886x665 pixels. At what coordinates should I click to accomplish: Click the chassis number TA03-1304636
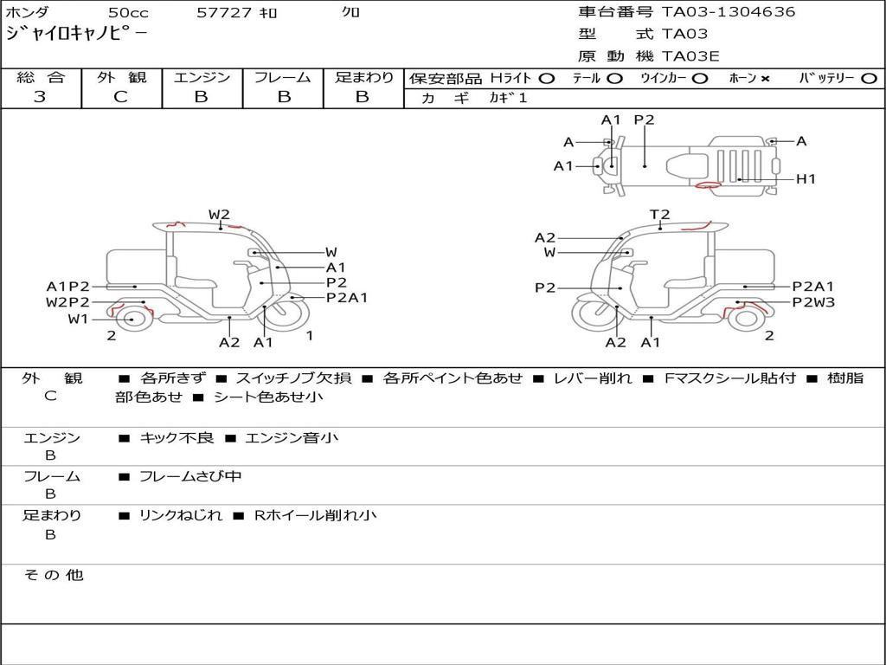[729, 12]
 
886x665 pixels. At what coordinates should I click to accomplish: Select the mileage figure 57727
[224, 12]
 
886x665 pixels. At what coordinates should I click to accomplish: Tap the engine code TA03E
[690, 56]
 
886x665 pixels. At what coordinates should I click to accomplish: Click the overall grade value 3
[40, 97]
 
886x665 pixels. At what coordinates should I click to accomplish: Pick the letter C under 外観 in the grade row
[120, 97]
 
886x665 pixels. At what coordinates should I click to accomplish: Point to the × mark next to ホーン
[765, 79]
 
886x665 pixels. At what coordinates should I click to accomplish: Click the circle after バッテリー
[869, 79]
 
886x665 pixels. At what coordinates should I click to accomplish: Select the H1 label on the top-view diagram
[806, 179]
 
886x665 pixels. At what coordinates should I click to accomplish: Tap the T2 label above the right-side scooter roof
[659, 215]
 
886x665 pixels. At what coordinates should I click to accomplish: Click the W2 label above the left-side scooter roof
[219, 215]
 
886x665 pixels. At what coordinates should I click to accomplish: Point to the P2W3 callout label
[813, 302]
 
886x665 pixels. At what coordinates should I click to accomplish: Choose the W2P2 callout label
[67, 302]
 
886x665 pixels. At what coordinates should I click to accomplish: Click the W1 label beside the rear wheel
[79, 319]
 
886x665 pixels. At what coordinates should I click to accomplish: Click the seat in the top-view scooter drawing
[686, 166]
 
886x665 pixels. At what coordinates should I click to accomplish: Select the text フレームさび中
[190, 477]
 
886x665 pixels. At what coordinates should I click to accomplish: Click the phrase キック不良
[177, 437]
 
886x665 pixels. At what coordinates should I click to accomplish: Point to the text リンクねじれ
[181, 515]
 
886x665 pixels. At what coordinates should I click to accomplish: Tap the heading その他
[54, 575]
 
